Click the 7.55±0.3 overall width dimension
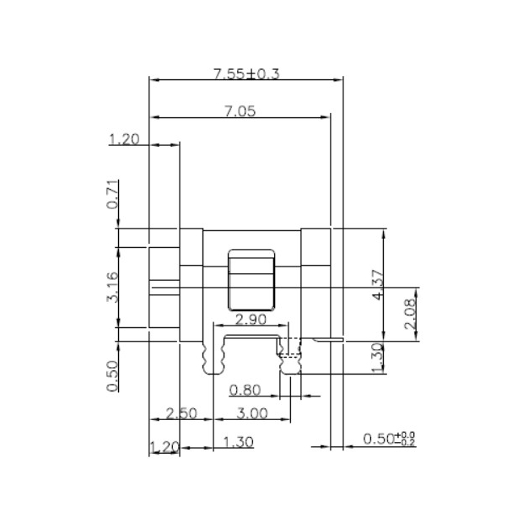click(x=246, y=74)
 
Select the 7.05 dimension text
click(x=240, y=111)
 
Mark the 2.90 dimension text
click(x=251, y=320)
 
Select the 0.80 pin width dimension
click(x=245, y=390)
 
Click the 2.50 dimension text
click(x=181, y=413)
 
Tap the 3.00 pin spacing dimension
click(x=251, y=413)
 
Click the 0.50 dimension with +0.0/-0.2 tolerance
click(x=389, y=439)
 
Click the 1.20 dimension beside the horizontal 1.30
click(x=164, y=445)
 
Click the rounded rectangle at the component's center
click(x=252, y=279)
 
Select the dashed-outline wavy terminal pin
click(x=290, y=359)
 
